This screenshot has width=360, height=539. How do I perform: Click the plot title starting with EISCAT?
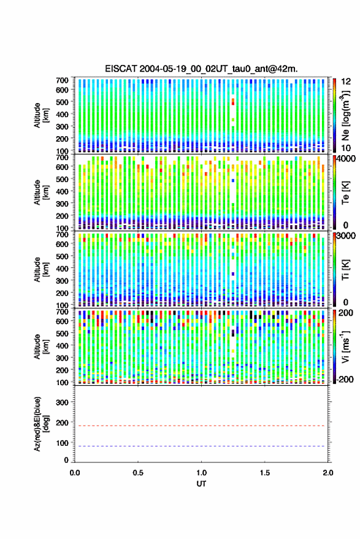(x=202, y=69)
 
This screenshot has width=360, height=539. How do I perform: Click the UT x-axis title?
(x=202, y=484)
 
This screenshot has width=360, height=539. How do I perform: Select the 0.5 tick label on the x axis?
(x=138, y=473)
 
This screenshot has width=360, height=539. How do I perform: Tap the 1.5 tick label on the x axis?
(x=265, y=473)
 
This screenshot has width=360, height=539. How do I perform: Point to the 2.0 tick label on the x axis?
(x=328, y=473)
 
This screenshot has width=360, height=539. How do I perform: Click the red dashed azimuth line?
(x=202, y=426)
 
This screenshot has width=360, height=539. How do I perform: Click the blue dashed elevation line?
(x=202, y=446)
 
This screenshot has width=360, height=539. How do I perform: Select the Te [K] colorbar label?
(x=345, y=193)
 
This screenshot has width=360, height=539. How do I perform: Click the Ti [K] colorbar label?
(x=345, y=270)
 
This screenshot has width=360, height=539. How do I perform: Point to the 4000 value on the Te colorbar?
(x=348, y=159)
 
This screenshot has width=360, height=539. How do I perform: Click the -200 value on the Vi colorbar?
(x=345, y=380)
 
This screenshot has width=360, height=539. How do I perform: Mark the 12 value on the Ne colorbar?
(x=346, y=82)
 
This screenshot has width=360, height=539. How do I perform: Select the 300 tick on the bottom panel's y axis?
(x=62, y=402)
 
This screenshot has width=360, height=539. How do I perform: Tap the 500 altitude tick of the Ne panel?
(x=62, y=102)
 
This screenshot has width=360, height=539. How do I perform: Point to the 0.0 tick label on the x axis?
(x=75, y=473)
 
